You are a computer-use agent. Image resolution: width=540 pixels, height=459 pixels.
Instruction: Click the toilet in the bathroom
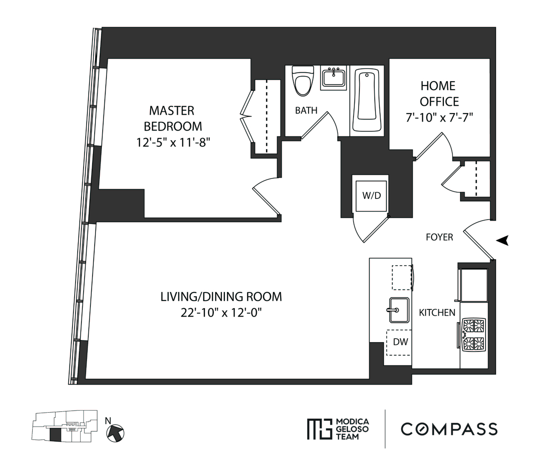point(303,81)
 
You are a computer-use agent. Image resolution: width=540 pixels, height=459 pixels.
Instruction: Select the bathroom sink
point(334,77)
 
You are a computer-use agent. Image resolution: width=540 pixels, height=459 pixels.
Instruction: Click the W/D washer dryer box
point(371,196)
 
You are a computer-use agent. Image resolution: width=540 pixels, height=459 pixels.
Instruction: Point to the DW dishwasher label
point(400,342)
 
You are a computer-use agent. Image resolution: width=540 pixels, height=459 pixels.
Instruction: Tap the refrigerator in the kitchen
point(474,285)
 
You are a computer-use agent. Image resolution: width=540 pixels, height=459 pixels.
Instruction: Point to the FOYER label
point(439,237)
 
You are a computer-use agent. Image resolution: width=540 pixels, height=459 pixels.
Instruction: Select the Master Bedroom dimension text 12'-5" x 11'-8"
point(173,143)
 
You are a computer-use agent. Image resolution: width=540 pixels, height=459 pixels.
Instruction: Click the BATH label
point(306,110)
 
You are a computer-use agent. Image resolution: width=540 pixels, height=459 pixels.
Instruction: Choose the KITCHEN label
point(437,313)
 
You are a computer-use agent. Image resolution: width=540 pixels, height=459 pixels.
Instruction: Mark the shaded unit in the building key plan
point(55,435)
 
